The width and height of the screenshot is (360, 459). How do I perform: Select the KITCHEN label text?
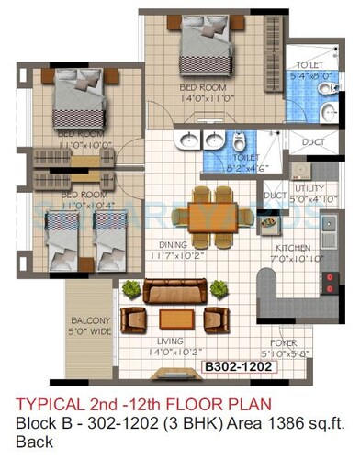296,249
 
